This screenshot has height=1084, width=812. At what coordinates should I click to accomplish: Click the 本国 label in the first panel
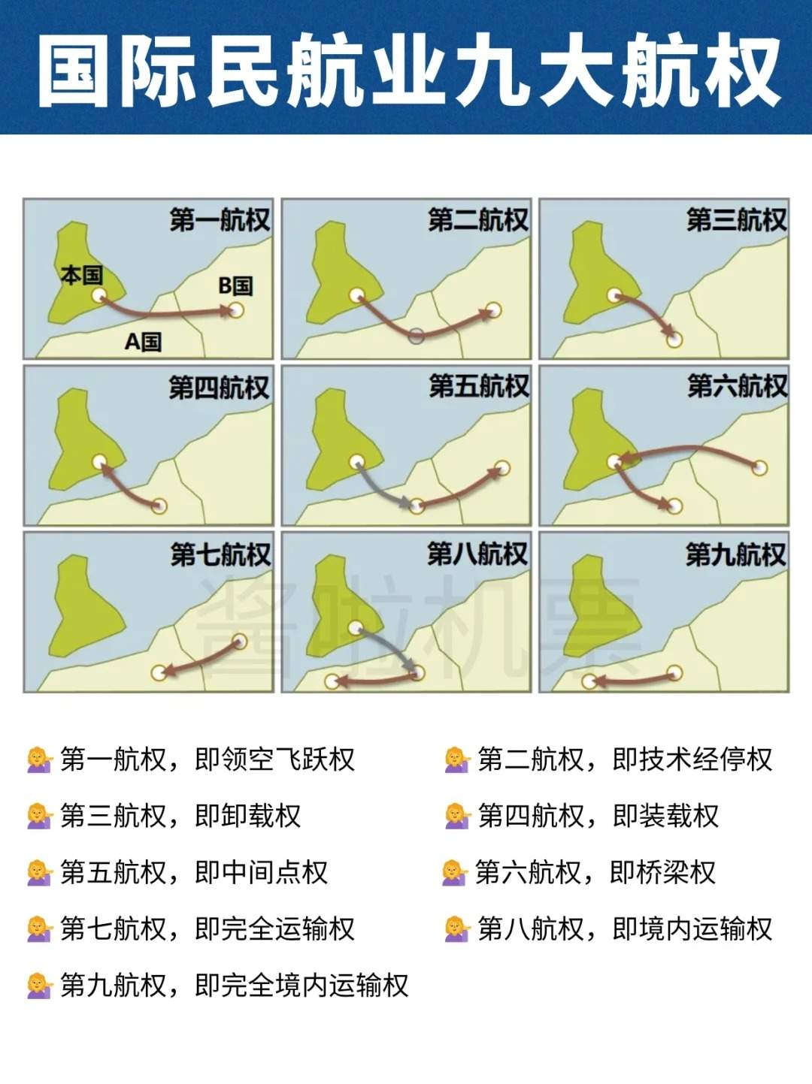(x=81, y=275)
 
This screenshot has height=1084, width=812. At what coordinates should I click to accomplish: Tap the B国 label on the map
(x=235, y=285)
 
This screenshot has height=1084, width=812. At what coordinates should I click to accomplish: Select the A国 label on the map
(x=143, y=342)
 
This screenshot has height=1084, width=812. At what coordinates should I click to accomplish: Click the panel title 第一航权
(x=220, y=220)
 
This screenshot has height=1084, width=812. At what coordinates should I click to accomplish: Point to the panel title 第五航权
(x=479, y=386)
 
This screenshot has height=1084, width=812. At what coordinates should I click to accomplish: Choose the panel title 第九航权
(x=735, y=554)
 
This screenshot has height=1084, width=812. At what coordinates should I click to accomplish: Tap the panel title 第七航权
(x=220, y=554)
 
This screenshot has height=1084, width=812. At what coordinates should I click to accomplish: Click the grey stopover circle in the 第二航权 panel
(x=416, y=336)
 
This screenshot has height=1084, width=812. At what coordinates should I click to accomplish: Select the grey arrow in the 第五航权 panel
(x=383, y=488)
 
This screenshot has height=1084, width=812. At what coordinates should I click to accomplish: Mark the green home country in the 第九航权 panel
(x=601, y=608)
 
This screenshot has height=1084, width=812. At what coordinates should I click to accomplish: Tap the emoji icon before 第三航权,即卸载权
(x=39, y=816)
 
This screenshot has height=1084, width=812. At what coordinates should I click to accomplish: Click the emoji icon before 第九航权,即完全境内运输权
(x=39, y=985)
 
